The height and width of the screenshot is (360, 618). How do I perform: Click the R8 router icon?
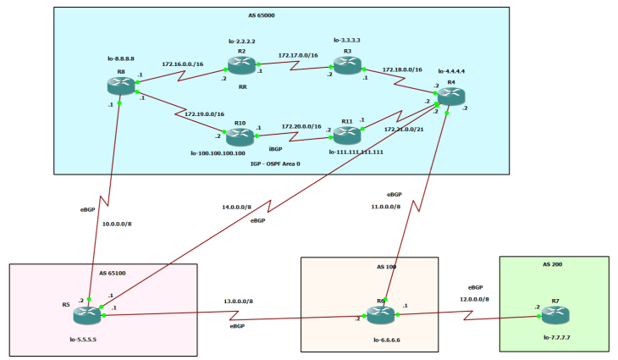(120, 85)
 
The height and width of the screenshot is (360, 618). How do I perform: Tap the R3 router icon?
(346, 65)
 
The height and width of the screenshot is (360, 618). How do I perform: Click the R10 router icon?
(240, 136)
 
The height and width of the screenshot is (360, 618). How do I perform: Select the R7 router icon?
(555, 315)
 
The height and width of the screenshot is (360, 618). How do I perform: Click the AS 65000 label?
(281, 14)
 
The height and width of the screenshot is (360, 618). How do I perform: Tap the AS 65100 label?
(113, 274)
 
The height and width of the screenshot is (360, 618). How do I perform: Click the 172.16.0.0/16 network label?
(183, 64)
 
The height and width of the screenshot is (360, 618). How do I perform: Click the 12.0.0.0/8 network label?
(474, 299)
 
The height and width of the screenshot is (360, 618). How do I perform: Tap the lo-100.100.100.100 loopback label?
(240, 153)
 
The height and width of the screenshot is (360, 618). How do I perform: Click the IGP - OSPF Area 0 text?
(281, 163)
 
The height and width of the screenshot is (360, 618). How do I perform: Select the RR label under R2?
(242, 86)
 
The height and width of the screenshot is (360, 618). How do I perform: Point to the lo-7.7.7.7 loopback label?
(555, 337)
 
